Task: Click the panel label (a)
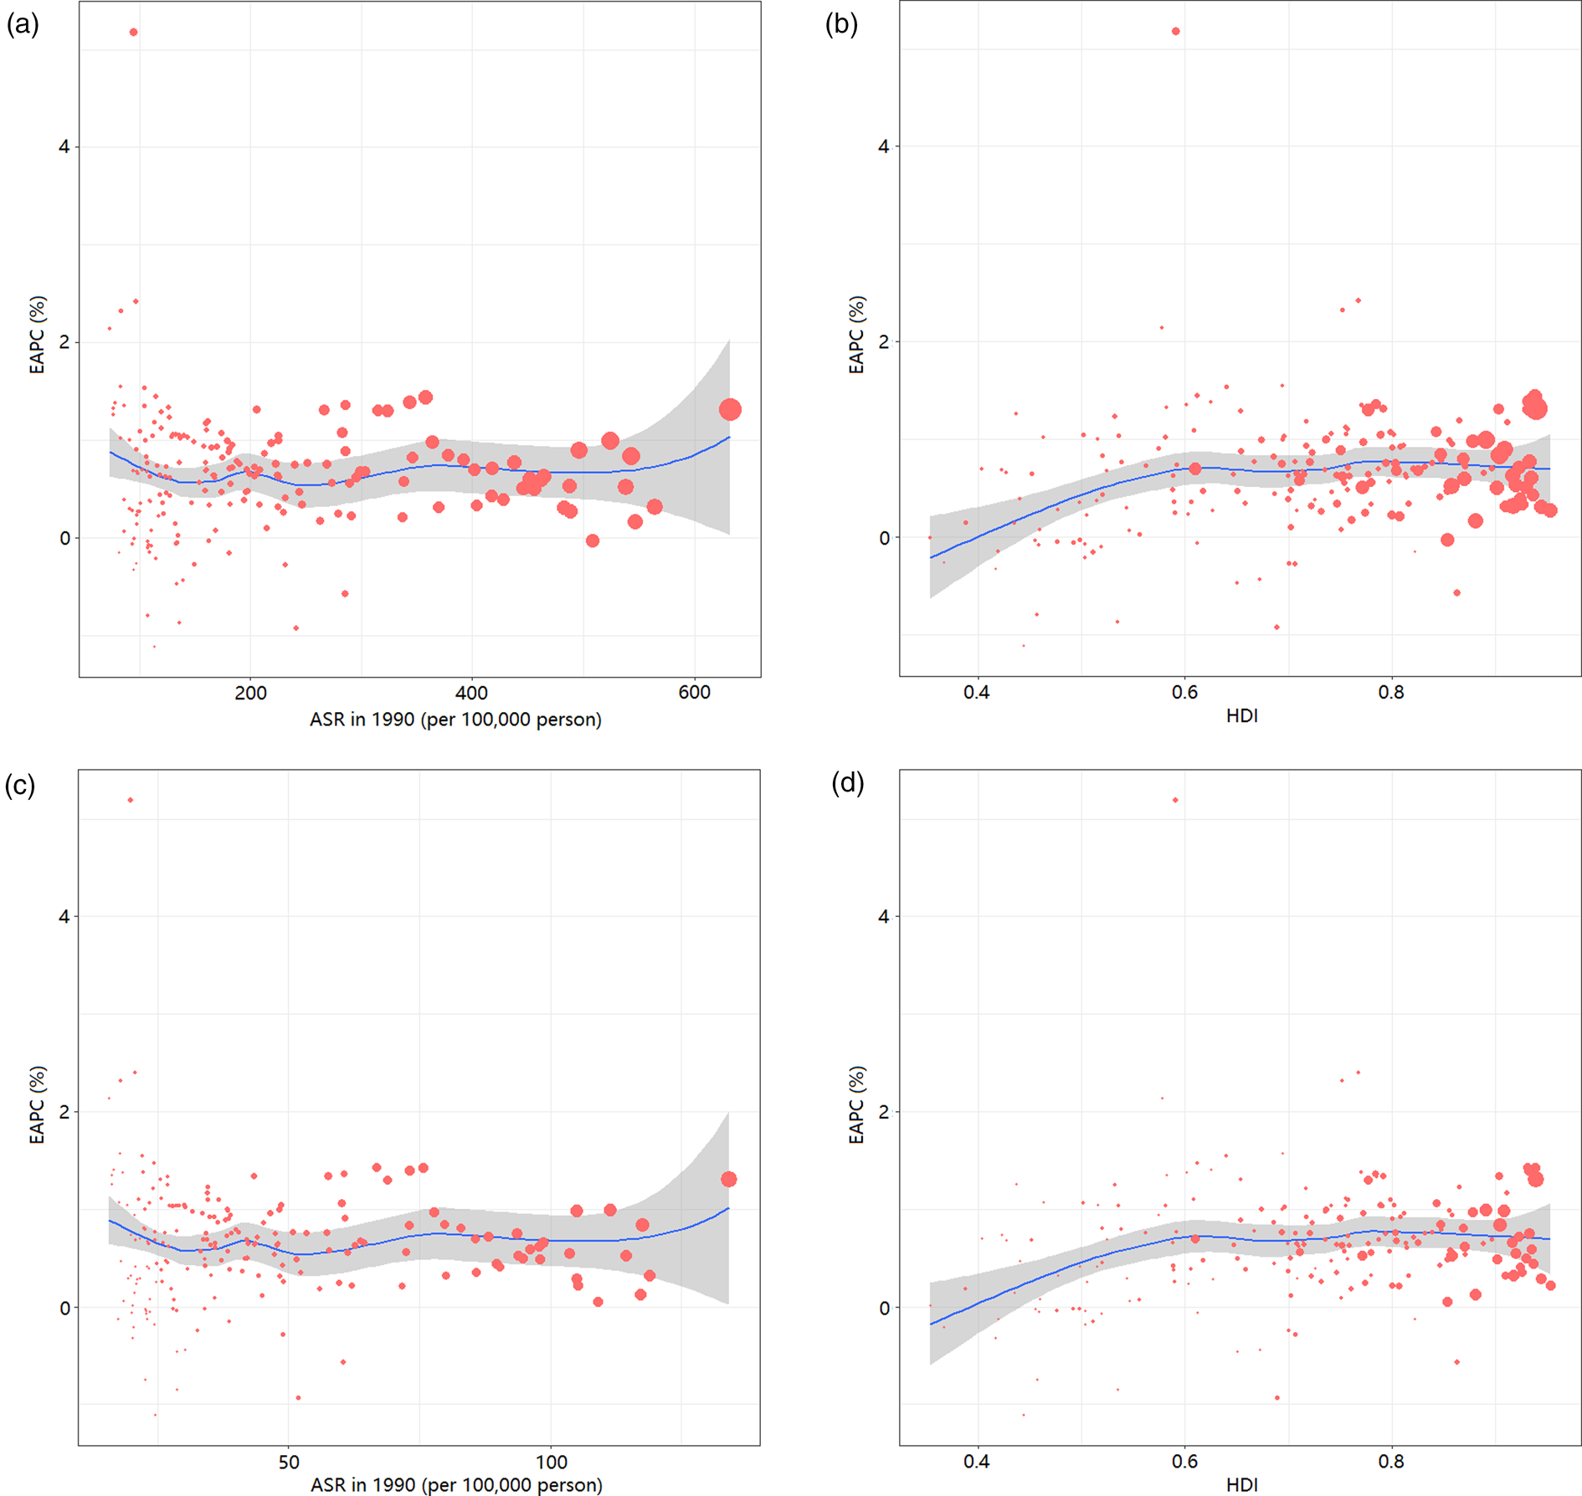click(x=23, y=25)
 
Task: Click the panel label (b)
click(x=841, y=25)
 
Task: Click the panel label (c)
click(x=20, y=785)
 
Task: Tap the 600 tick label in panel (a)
click(x=694, y=693)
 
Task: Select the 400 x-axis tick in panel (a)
click(x=471, y=693)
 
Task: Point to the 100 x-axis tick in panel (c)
click(x=551, y=1462)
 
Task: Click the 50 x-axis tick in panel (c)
click(x=289, y=1462)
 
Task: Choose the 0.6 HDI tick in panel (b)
click(x=1184, y=693)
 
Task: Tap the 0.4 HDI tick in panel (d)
click(x=976, y=1462)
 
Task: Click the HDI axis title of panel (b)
click(x=1241, y=716)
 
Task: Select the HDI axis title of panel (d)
click(x=1241, y=1484)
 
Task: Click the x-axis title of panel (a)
click(x=455, y=720)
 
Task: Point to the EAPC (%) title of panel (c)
click(x=37, y=1104)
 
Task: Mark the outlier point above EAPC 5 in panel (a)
click(x=134, y=33)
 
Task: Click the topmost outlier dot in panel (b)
click(x=1176, y=32)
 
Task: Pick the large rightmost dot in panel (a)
click(x=730, y=409)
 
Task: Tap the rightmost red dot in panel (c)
click(x=728, y=1179)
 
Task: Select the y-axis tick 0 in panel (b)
click(x=884, y=538)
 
